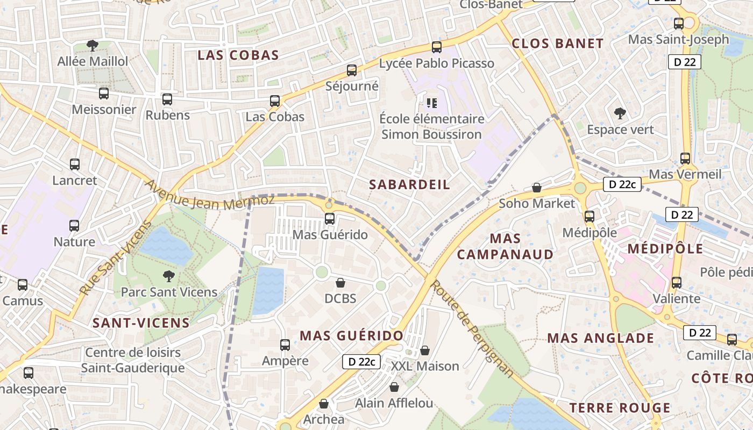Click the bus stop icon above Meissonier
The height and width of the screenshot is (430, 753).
coord(104,94)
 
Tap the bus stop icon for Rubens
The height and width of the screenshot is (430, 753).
coord(167,99)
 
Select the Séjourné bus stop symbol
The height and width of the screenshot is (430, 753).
coord(352,70)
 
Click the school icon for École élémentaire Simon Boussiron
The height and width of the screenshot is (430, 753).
coord(431,103)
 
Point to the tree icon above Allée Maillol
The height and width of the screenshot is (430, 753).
coord(93,45)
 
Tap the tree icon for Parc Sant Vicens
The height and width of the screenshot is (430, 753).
coord(169,276)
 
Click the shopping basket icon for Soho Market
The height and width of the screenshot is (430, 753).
coord(536,188)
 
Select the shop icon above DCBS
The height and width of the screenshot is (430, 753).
coord(340,282)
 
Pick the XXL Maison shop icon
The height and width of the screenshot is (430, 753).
coord(425,350)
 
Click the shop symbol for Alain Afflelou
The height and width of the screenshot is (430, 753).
coord(394,387)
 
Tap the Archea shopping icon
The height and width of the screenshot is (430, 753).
coord(324,403)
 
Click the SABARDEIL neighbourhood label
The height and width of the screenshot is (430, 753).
coord(409,184)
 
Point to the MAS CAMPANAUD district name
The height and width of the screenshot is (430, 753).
coord(505,246)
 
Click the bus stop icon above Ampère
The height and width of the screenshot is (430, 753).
coord(285,345)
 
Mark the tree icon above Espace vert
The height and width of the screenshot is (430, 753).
coord(620,113)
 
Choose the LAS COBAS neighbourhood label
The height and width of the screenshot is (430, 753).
coord(238,55)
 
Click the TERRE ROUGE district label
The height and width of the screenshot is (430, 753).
coord(620,408)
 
